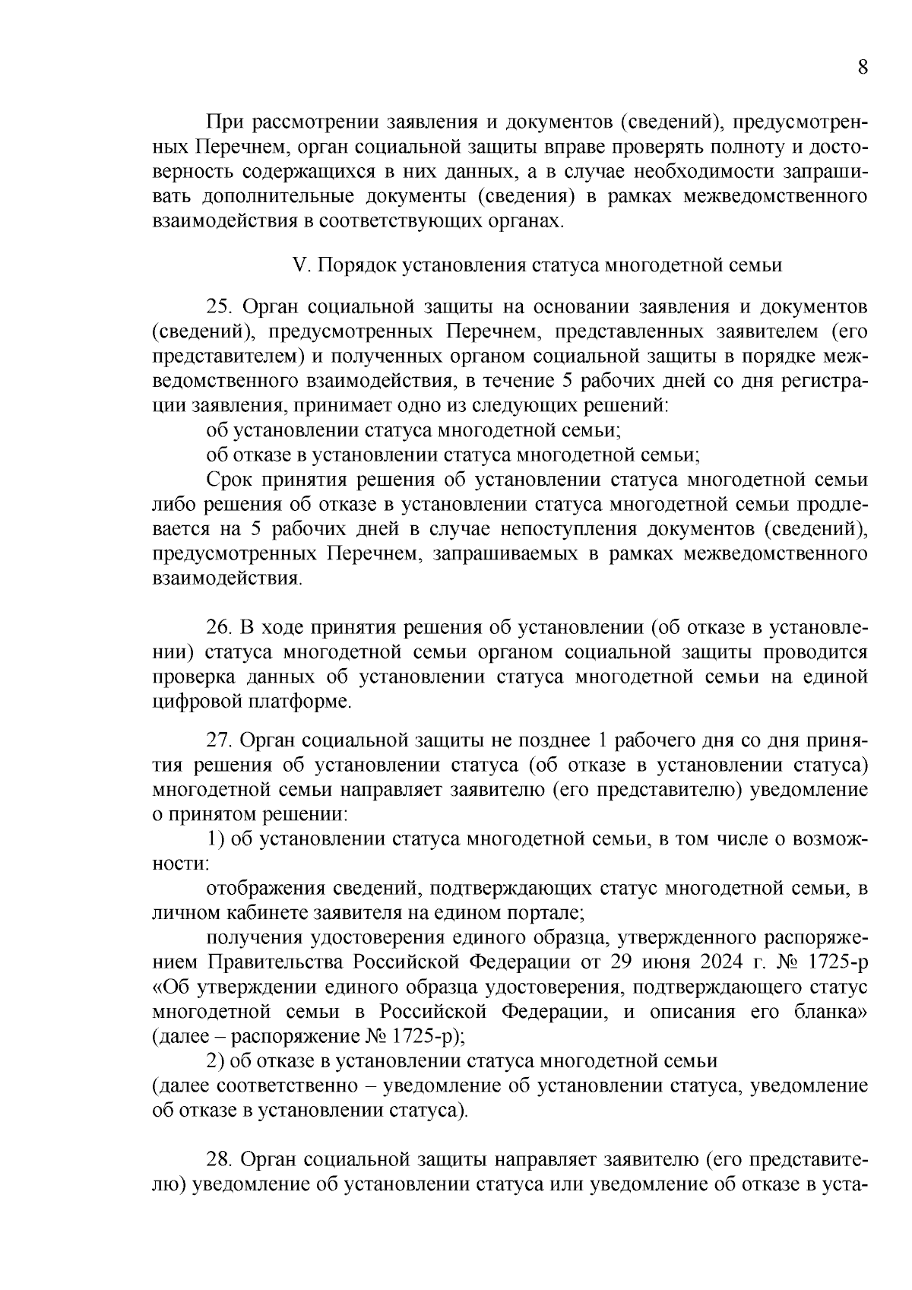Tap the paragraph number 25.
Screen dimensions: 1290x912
[219, 307]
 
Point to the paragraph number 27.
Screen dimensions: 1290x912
[219, 740]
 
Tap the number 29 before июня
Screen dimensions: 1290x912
[620, 962]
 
